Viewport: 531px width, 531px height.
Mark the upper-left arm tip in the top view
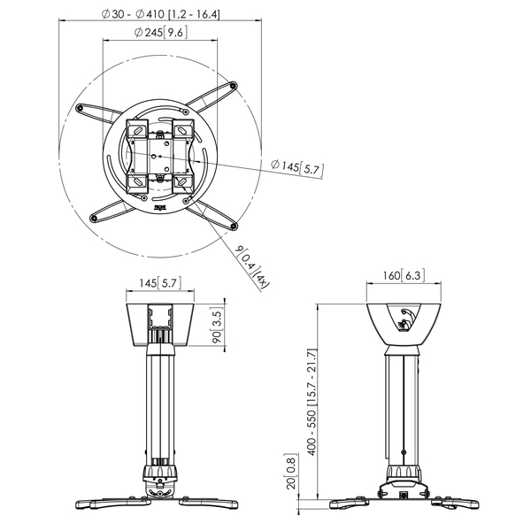pos(81,108)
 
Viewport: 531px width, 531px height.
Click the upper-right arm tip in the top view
pos(235,86)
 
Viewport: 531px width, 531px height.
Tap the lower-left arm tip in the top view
pos(96,216)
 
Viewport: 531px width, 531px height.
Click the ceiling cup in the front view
pos(159,325)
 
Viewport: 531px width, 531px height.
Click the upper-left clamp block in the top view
pos(138,130)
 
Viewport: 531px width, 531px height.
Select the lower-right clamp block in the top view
pos(182,181)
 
